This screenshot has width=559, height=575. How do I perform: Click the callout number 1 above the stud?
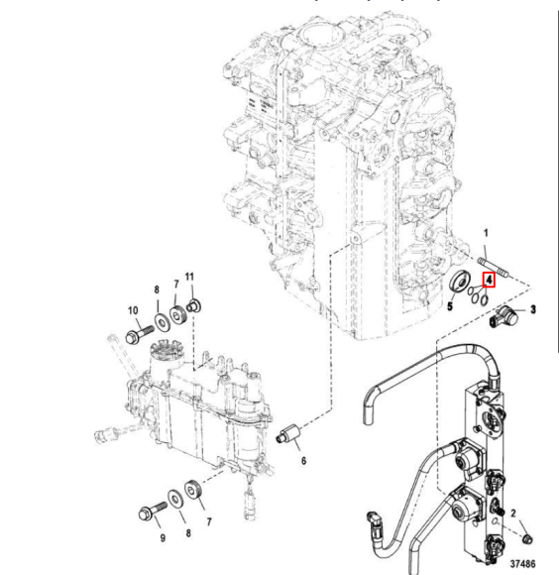pyautogui.click(x=486, y=233)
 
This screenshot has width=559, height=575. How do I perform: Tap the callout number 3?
pyautogui.click(x=533, y=309)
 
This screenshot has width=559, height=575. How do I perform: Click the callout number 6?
pyautogui.click(x=302, y=461)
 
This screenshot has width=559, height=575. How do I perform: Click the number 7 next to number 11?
pyautogui.click(x=175, y=286)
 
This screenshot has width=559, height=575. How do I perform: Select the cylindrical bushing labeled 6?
pyautogui.click(x=289, y=435)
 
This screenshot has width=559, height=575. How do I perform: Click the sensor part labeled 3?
pyautogui.click(x=505, y=317)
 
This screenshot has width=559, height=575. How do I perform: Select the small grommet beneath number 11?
pyautogui.click(x=194, y=301)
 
